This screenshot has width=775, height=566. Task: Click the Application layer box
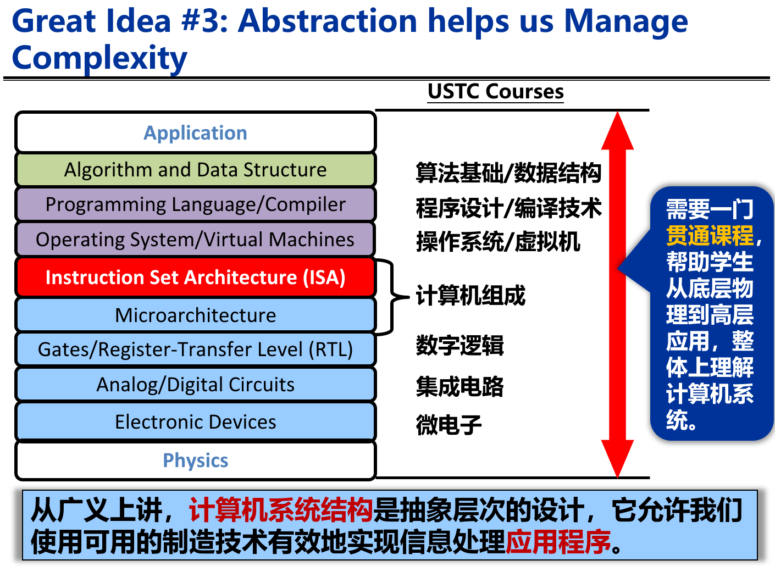[196, 132]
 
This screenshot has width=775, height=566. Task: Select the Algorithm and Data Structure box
[196, 169]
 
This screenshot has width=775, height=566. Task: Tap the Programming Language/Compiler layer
[196, 204]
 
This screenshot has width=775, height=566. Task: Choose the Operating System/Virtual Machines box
[196, 239]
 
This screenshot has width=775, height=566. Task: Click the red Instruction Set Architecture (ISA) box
[196, 277]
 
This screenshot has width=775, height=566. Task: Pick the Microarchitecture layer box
[196, 315]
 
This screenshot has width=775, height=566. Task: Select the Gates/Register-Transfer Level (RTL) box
[196, 349]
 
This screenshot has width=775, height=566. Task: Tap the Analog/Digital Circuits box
[196, 384]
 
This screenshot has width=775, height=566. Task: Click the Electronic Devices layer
[196, 421]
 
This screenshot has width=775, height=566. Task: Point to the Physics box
[196, 460]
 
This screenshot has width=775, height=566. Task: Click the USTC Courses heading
[495, 92]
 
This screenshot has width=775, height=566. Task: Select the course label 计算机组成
[470, 296]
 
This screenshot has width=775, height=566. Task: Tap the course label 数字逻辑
[460, 345]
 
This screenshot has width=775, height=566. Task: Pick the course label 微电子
[449, 424]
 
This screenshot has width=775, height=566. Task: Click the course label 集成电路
[460, 386]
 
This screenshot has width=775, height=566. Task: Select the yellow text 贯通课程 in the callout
[710, 235]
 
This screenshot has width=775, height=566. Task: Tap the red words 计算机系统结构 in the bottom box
[280, 509]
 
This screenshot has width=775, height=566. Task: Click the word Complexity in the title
[99, 58]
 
